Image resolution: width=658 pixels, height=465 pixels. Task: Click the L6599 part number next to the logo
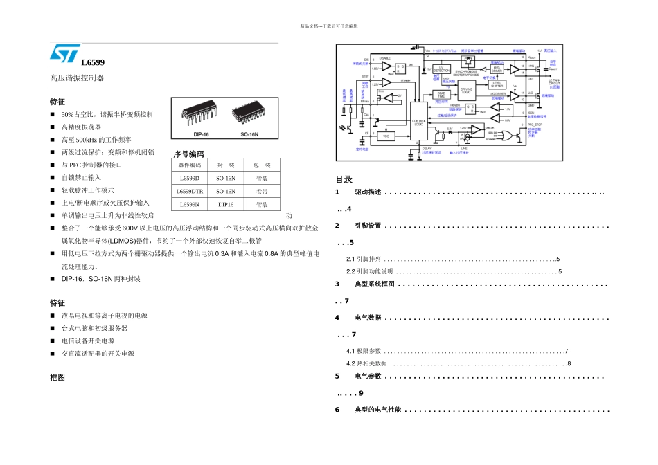(93, 62)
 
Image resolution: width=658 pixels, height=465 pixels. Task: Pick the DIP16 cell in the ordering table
(226, 204)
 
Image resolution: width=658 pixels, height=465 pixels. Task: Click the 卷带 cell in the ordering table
(262, 191)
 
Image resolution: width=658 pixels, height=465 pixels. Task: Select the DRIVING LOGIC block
(466, 90)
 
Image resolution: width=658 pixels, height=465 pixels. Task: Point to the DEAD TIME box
(441, 95)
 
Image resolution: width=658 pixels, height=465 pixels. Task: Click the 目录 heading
(344, 179)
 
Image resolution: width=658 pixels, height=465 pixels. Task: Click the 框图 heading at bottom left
(57, 378)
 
